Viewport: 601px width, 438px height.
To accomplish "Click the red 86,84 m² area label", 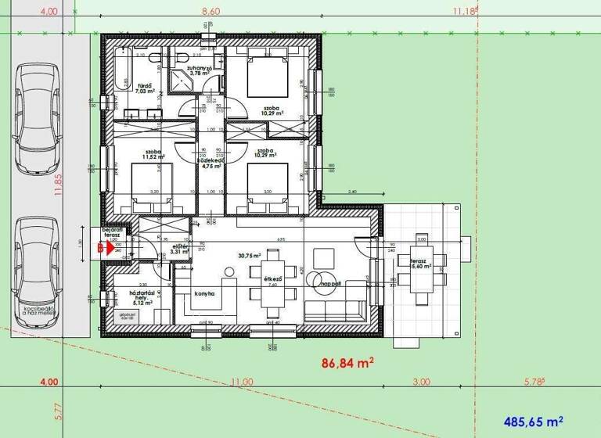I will (347, 363).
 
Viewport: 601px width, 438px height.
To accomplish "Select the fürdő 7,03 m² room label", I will (145, 89).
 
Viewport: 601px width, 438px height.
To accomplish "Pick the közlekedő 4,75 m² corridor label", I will (211, 163).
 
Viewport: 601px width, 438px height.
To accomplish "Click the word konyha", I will (204, 293).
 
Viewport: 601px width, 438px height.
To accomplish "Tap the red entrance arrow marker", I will (100, 249).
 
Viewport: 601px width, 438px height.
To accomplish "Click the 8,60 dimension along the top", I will (211, 12).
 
